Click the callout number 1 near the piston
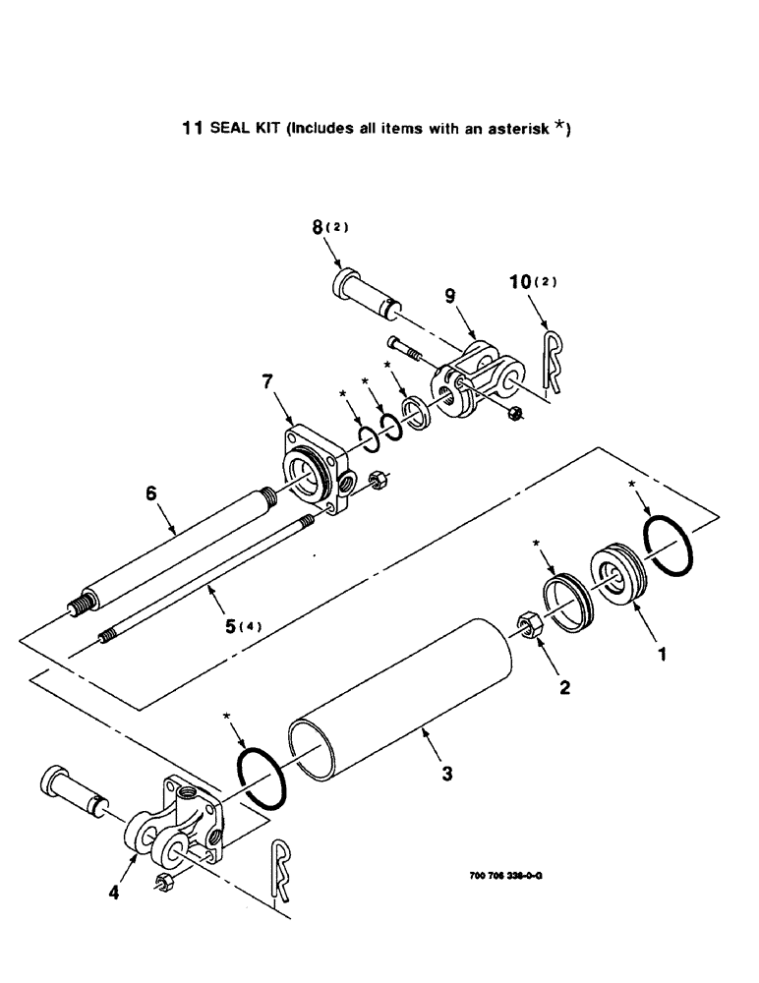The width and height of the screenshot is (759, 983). (x=661, y=651)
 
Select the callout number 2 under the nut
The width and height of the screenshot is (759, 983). (x=564, y=688)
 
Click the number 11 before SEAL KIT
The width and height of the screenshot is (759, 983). (x=193, y=128)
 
